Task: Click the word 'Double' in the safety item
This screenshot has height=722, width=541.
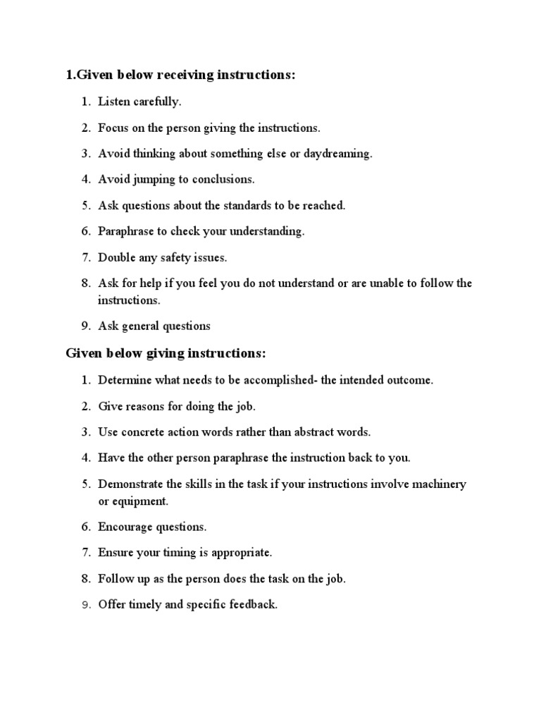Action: click(x=115, y=257)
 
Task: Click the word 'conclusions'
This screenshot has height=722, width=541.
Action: click(x=221, y=179)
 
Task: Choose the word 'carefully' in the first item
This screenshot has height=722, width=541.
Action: click(x=157, y=102)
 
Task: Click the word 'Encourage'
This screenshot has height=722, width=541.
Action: click(x=125, y=527)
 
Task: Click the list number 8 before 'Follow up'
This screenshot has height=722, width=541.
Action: click(x=85, y=579)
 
